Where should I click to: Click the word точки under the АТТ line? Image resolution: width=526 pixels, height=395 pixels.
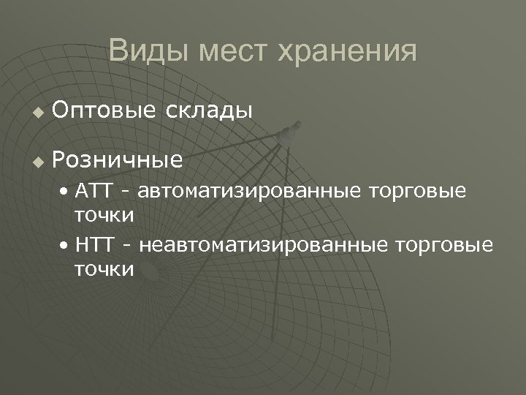(x=104, y=216)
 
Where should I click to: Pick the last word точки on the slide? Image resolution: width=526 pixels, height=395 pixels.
(x=104, y=269)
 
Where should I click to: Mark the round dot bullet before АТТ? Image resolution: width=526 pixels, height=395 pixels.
(x=66, y=193)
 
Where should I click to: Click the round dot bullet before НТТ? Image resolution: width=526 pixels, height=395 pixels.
(x=66, y=244)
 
